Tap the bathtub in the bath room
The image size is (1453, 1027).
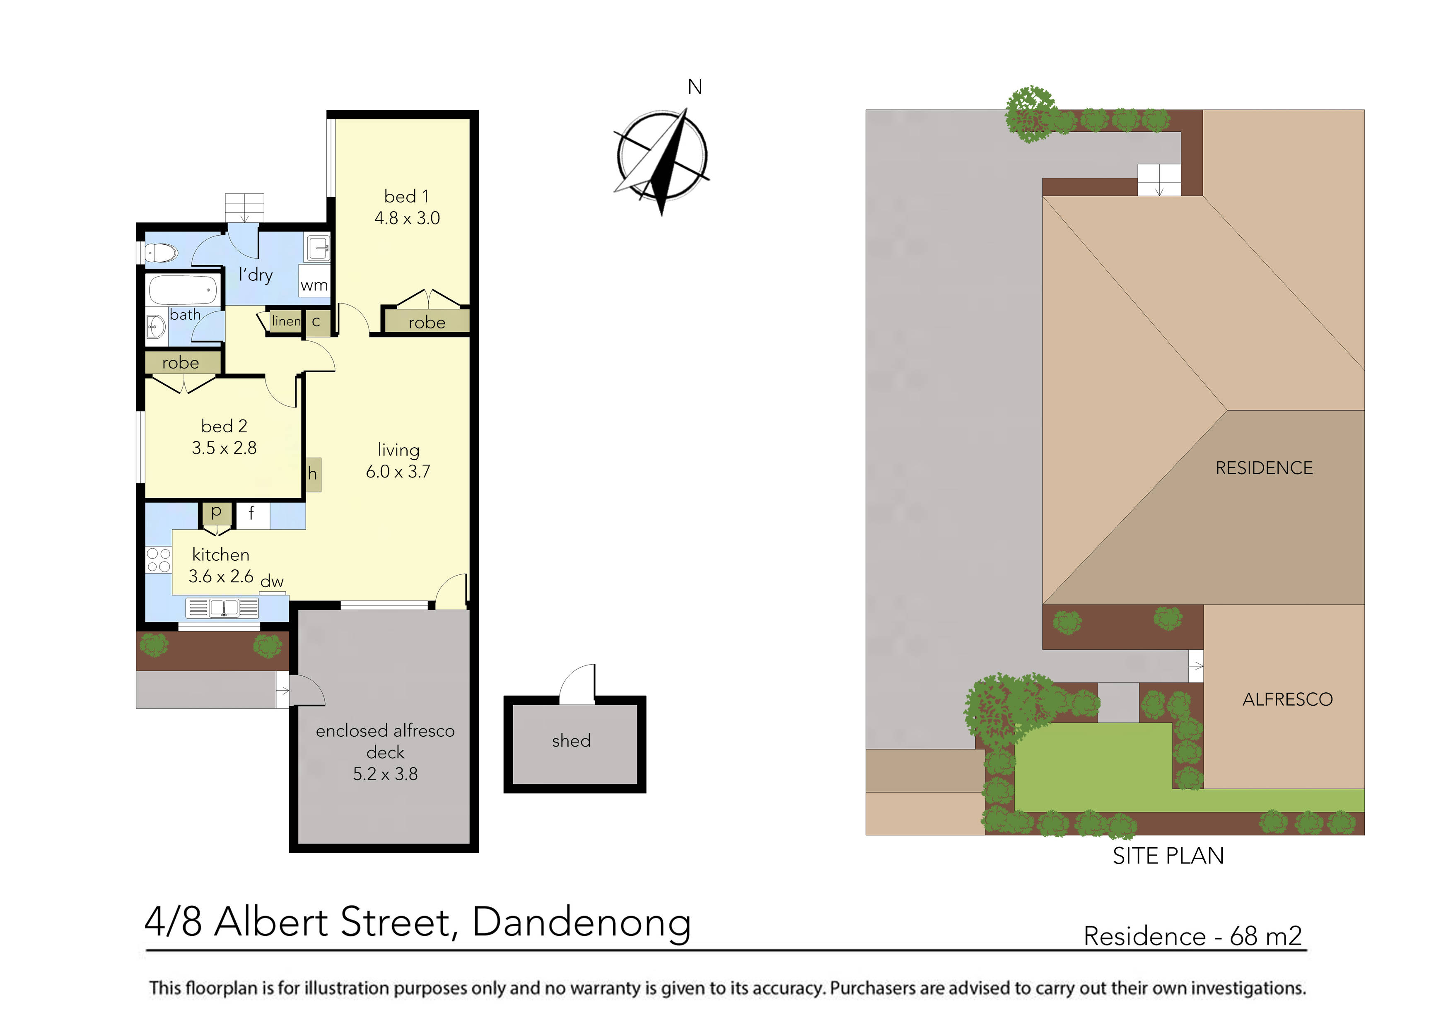pos(183,290)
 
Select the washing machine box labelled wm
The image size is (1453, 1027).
pos(314,285)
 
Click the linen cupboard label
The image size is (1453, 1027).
pos(286,321)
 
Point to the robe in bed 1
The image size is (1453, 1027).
pos(427,322)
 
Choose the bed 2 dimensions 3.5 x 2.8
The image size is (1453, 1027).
pos(224,448)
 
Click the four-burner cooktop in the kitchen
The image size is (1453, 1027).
pos(158,560)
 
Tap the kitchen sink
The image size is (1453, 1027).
pos(223,608)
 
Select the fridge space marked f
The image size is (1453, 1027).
pos(252,514)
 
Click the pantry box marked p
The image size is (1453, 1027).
pos(216,513)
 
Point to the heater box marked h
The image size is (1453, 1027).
pos(313,474)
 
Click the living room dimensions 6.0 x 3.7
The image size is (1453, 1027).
pos(398,471)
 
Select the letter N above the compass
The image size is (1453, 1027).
pos(695,87)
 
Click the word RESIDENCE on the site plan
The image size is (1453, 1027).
pos(1264,468)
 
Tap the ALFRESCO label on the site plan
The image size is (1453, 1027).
pos(1287,699)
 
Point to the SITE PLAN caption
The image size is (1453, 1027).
pos(1168,856)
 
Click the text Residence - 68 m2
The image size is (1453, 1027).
pos(1192,936)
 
